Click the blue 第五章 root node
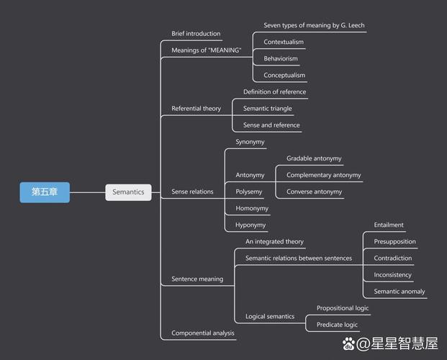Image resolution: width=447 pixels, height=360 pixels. click(x=45, y=192)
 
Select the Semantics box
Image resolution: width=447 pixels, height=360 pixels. click(x=129, y=192)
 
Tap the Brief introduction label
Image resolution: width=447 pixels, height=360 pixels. click(x=196, y=34)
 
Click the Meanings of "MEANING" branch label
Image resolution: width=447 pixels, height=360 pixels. click(x=206, y=50)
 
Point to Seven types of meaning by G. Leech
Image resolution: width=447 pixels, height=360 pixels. click(x=314, y=25)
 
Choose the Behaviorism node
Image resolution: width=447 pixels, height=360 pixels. click(x=281, y=58)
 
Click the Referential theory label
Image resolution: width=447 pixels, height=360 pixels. click(x=196, y=109)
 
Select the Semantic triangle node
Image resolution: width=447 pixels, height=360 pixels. click(x=268, y=109)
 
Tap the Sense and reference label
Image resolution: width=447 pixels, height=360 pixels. click(x=271, y=125)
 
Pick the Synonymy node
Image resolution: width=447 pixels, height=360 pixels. click(x=250, y=142)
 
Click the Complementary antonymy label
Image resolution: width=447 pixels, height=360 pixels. click(x=324, y=175)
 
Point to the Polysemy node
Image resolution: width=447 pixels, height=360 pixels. click(x=249, y=192)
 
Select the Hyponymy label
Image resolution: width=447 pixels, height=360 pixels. click(x=250, y=225)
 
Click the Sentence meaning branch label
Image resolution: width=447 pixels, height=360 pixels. click(x=197, y=279)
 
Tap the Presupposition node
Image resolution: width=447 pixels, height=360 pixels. click(x=394, y=241)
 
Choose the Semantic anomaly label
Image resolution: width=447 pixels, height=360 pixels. click(x=399, y=292)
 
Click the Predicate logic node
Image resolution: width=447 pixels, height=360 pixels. click(x=337, y=325)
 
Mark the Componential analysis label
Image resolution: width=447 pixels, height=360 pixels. click(x=203, y=333)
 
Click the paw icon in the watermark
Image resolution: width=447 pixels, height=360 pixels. click(x=349, y=343)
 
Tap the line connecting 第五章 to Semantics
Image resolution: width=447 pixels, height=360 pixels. click(x=88, y=192)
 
